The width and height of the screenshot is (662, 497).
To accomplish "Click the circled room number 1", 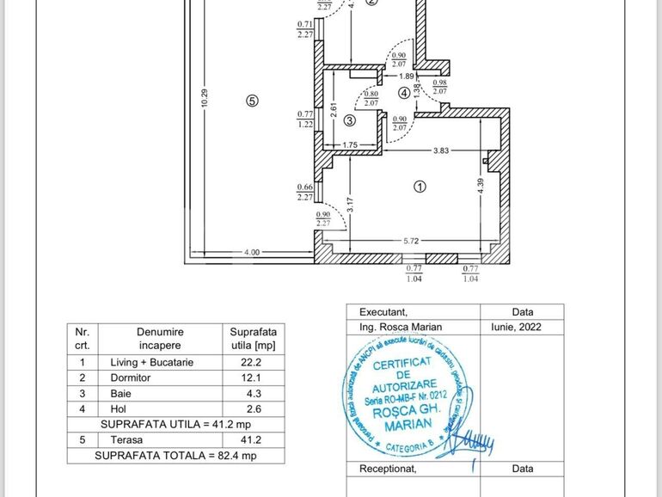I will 420,186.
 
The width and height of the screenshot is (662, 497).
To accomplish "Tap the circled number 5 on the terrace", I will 252,101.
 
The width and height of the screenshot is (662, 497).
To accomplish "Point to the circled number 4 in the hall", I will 404,92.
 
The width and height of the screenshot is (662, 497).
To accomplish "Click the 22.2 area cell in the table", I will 254,362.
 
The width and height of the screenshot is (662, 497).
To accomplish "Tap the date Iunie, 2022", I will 522,327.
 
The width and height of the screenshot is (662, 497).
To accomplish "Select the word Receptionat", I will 388,469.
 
